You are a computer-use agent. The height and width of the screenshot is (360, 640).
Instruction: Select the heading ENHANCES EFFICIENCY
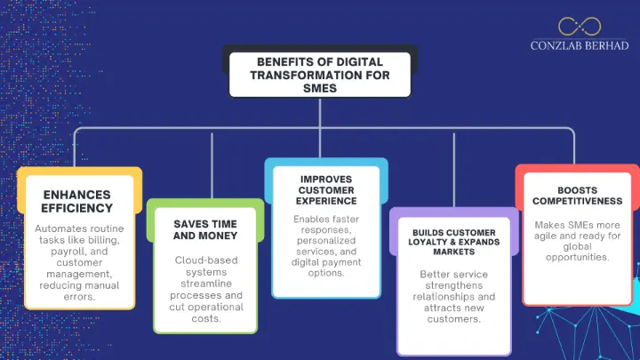pos(76,201)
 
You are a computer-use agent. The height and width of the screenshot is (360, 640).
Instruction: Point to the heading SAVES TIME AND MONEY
pos(205,228)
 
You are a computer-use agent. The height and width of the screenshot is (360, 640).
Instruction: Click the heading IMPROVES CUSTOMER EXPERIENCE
pos(326,190)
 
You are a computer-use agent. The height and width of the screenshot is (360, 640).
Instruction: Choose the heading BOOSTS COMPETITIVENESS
pos(577,196)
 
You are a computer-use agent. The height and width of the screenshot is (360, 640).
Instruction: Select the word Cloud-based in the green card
pos(205,260)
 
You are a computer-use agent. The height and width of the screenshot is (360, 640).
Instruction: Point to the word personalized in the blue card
pos(326,241)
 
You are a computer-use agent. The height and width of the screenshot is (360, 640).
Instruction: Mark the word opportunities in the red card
pos(577,257)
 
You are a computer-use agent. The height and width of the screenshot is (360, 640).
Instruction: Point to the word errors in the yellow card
pos(80,296)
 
